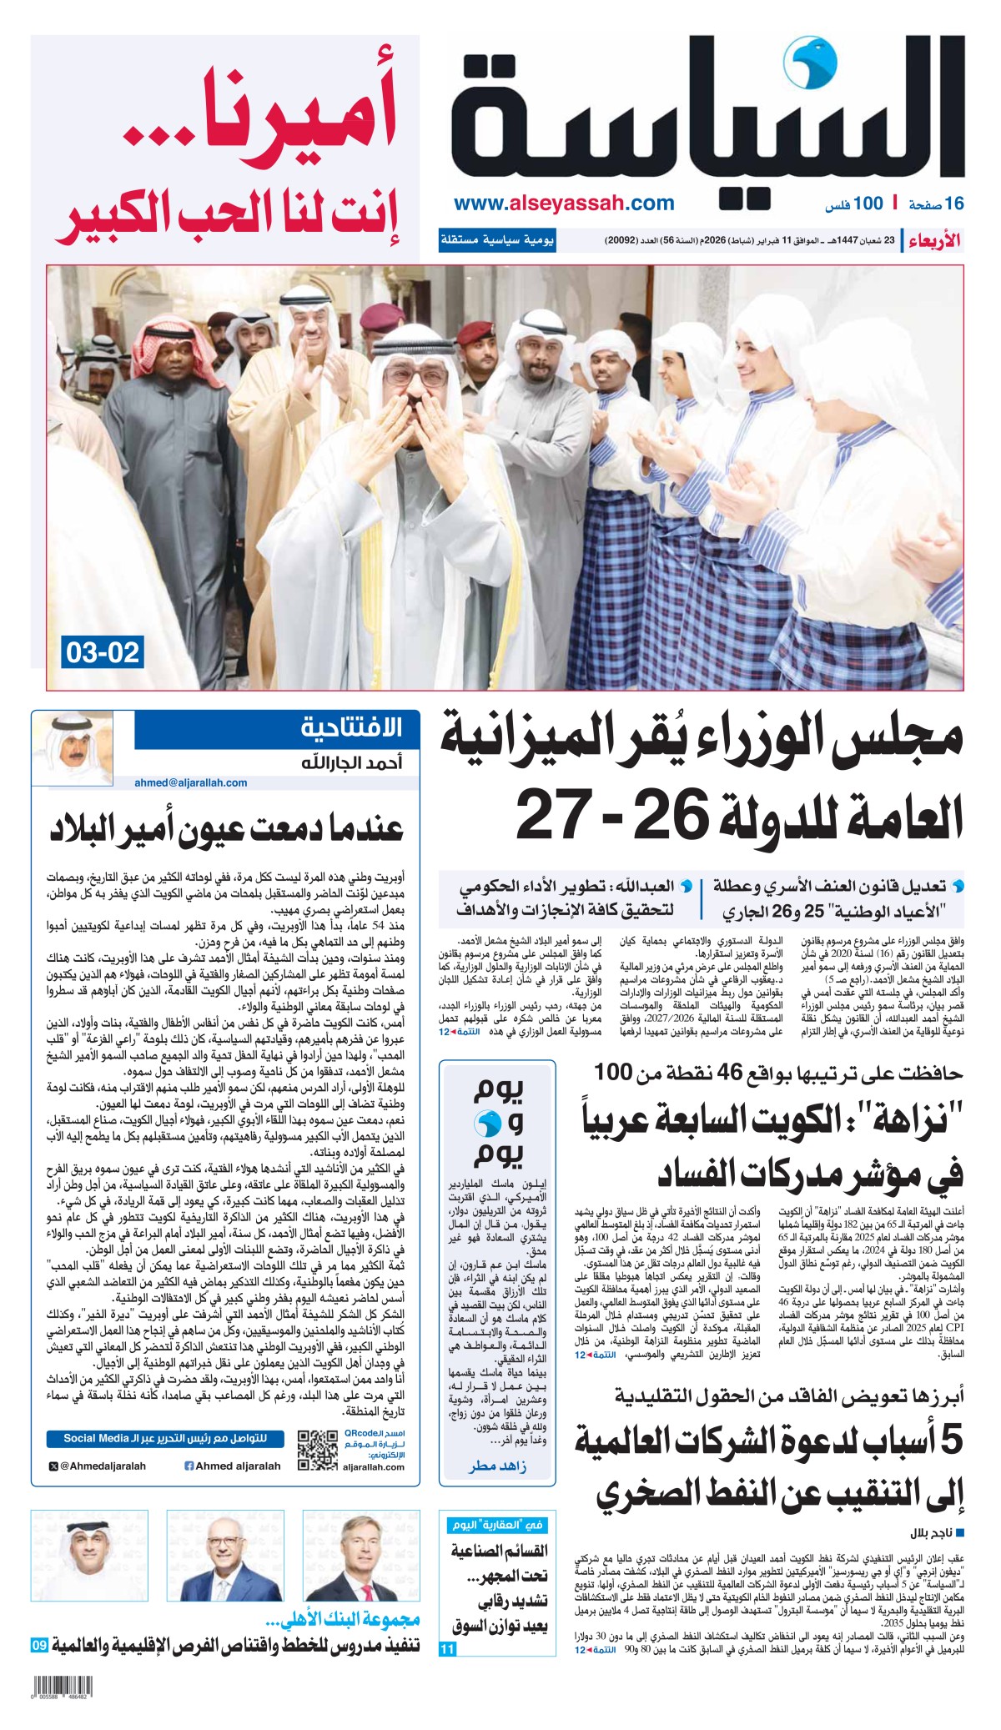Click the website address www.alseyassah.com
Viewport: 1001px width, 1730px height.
565,204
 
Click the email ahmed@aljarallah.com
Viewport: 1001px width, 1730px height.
191,782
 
